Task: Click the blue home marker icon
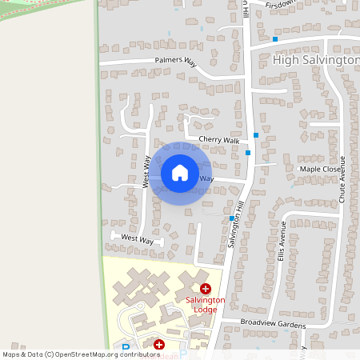click(180, 173)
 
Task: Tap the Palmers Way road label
click(175, 60)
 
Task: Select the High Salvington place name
click(316, 60)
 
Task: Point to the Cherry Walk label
click(219, 140)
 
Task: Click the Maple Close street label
click(320, 169)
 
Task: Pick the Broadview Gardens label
click(273, 324)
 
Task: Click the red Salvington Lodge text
click(206, 304)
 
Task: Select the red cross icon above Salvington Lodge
click(206, 288)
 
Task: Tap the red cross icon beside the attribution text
click(158, 344)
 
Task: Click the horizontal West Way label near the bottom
click(137, 239)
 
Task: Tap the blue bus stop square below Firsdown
click(275, 38)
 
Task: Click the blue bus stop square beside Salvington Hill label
click(232, 218)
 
